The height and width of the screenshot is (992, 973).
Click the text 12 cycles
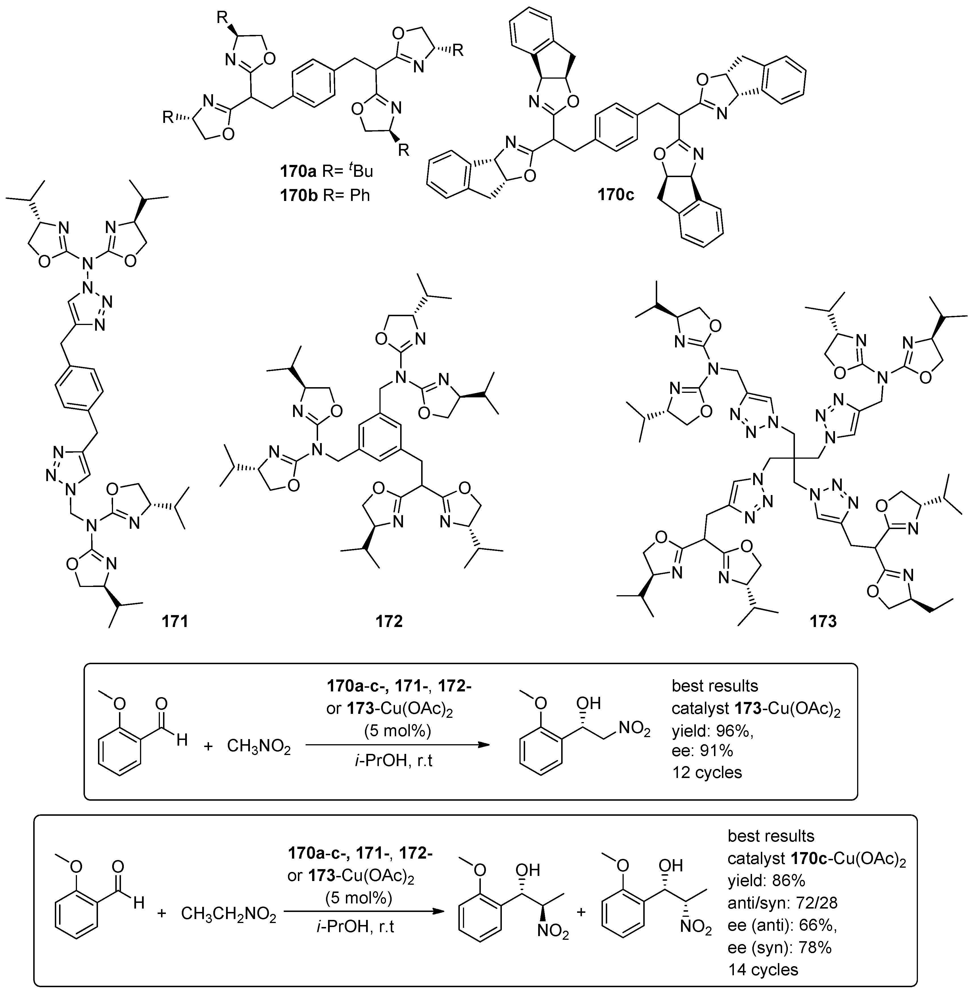coord(707,772)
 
